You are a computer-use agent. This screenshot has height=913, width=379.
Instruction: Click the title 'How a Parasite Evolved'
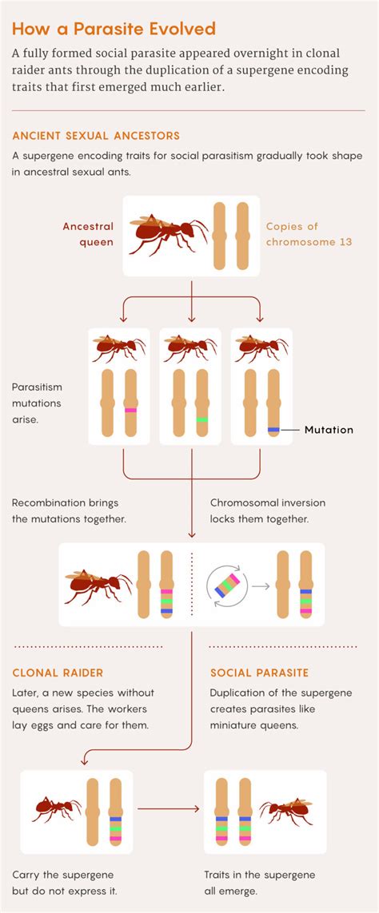coord(114,30)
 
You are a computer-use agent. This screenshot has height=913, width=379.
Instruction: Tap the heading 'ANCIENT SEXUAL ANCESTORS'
coord(96,135)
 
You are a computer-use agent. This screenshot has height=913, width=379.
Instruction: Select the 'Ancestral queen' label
coord(88,235)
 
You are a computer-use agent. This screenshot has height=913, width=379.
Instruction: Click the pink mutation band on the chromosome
coord(130,410)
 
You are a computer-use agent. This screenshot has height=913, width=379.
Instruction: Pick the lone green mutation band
coord(201,419)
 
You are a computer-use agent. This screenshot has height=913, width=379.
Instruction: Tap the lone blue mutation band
coord(273,430)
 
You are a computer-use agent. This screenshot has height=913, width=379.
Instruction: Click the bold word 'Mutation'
coord(328,430)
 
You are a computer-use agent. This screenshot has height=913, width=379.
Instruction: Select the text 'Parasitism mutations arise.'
coord(37,403)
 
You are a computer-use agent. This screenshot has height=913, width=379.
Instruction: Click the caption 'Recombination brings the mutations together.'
coord(69,511)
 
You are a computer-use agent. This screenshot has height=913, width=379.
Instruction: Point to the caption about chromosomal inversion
coord(271,511)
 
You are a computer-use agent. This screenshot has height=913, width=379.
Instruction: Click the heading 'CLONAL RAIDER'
coord(58,673)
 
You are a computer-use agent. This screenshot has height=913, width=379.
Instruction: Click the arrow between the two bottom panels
coord(169,809)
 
